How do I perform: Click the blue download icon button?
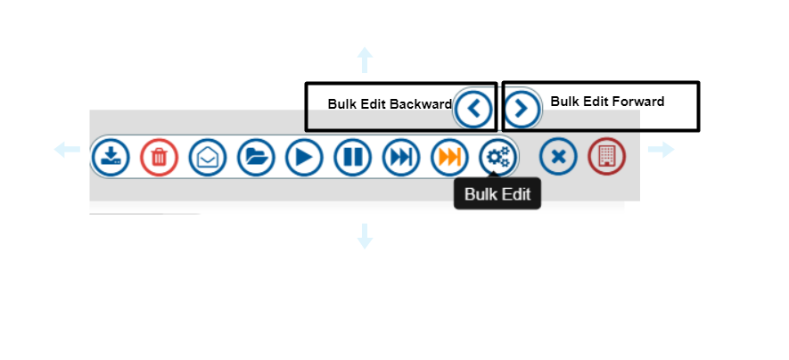tap(111, 158)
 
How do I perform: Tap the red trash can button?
tap(159, 158)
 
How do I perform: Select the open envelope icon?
tap(208, 158)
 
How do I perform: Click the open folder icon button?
tap(256, 158)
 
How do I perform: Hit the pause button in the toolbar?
tap(352, 158)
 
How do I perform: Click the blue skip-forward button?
tap(401, 158)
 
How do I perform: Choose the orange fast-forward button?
tap(449, 158)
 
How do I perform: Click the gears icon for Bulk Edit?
tap(497, 158)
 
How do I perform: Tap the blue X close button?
tap(558, 158)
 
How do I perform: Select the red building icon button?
tap(606, 158)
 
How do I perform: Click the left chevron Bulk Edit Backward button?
tap(473, 110)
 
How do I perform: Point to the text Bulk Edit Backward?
tap(390, 104)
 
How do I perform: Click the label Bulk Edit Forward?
tap(607, 102)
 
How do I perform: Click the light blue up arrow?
tap(365, 61)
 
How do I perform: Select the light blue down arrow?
tap(365, 236)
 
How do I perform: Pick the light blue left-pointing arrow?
tap(67, 150)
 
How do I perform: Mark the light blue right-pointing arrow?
tap(661, 150)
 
